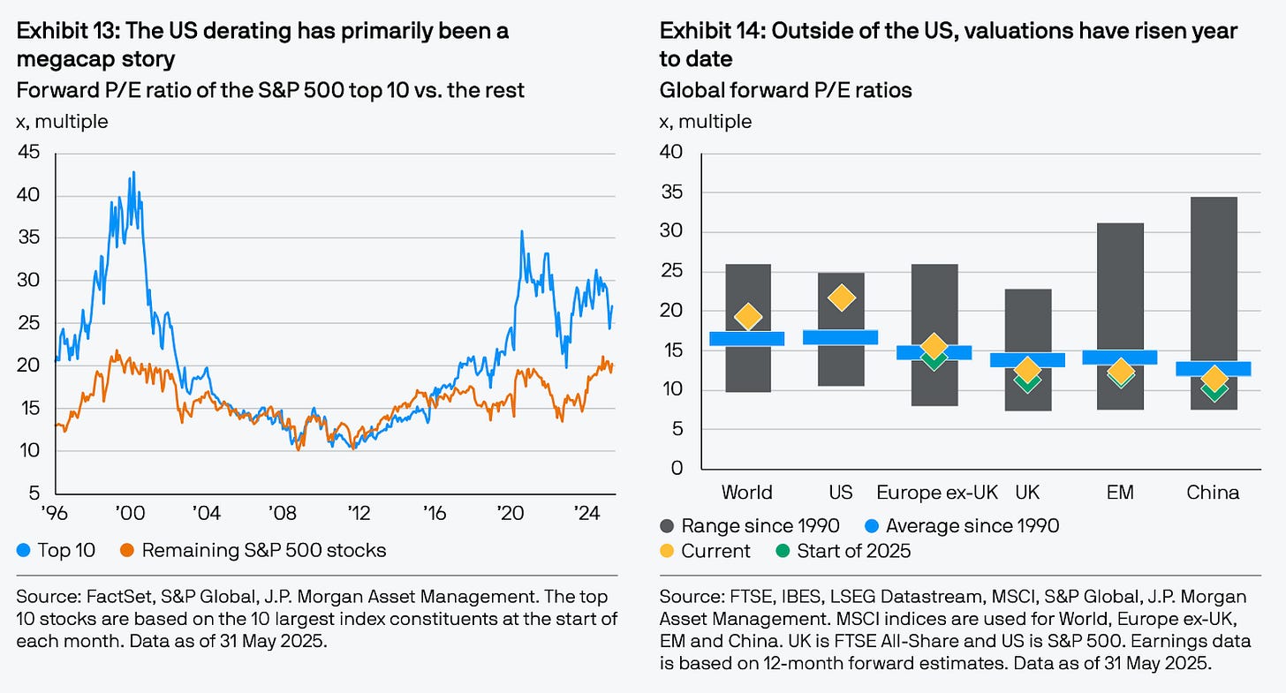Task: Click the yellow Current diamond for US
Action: tap(842, 298)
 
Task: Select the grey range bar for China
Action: tap(1213, 265)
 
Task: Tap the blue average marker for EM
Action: tap(1119, 358)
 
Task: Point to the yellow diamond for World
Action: tap(747, 316)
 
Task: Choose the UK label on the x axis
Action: tap(1027, 493)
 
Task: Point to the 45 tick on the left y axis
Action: tap(30, 153)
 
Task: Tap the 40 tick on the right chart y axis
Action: tap(671, 153)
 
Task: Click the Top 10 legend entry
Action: tap(65, 551)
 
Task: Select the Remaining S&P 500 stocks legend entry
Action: tap(263, 551)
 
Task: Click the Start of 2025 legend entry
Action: tap(851, 552)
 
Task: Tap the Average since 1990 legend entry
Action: tap(972, 526)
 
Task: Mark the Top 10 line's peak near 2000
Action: tap(133, 172)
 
